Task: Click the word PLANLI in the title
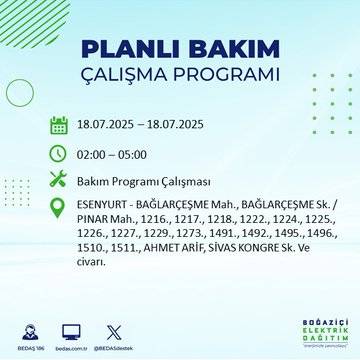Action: click(x=116, y=49)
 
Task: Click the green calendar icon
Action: click(x=59, y=125)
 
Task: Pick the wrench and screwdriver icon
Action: click(x=59, y=181)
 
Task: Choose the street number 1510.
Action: click(x=91, y=253)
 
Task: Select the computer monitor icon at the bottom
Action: click(x=71, y=328)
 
